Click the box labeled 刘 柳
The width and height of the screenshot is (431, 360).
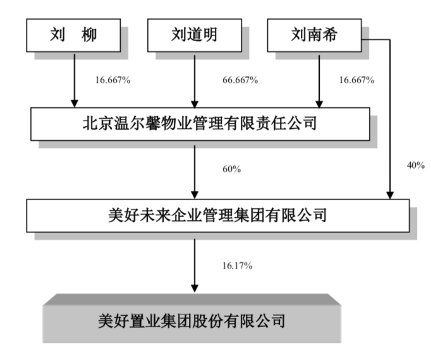pyautogui.click(x=73, y=35)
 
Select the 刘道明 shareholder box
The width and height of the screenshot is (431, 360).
pyautogui.click(x=195, y=35)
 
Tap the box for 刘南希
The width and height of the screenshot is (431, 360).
pyautogui.click(x=315, y=35)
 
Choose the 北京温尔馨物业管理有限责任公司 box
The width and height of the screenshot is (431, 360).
pyautogui.click(x=200, y=124)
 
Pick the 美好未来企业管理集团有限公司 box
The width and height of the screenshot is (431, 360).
pyautogui.click(x=218, y=216)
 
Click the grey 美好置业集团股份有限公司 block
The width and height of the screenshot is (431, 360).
pyautogui.click(x=192, y=318)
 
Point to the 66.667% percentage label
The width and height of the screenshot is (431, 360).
pyautogui.click(x=240, y=80)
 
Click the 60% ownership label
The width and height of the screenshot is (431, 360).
pyautogui.click(x=232, y=169)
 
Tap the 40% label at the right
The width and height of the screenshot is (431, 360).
pyautogui.click(x=416, y=165)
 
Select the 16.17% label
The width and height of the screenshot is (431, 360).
pyautogui.click(x=237, y=266)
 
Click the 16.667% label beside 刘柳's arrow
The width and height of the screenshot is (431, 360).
pyautogui.click(x=112, y=80)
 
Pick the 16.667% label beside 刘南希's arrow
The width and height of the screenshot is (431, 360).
pyautogui.click(x=356, y=80)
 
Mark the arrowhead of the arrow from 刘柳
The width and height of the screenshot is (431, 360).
pyautogui.click(x=74, y=104)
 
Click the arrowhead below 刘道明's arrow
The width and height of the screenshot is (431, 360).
pyautogui.click(x=195, y=104)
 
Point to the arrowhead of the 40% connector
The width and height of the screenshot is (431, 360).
pyautogui.click(x=390, y=195)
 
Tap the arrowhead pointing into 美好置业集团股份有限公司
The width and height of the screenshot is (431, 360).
pyautogui.click(x=195, y=289)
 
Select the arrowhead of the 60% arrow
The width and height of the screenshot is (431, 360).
pyautogui.click(x=195, y=195)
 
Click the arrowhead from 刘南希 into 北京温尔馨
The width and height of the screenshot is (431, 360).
pyautogui.click(x=319, y=104)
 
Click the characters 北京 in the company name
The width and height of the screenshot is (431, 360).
pyautogui.click(x=98, y=123)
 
